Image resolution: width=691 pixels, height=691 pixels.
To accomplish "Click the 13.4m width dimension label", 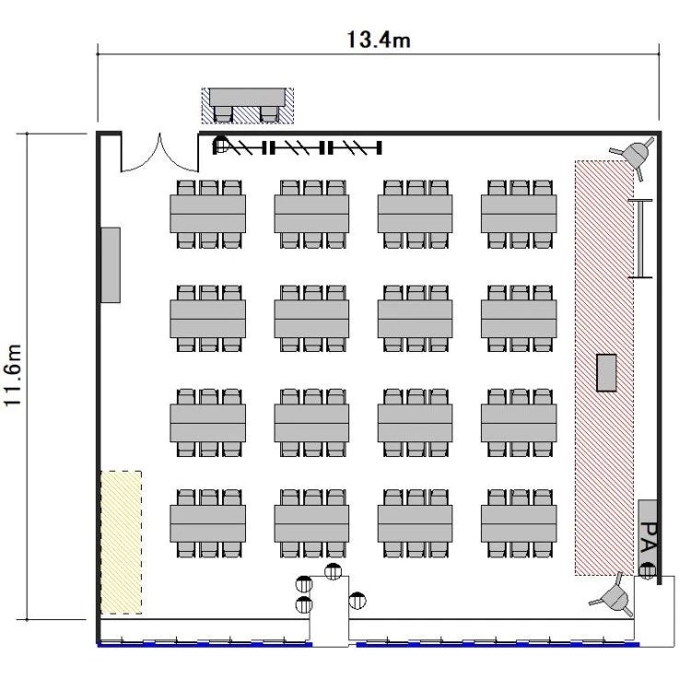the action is click(x=379, y=40).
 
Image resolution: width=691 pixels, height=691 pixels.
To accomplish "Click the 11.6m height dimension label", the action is click(x=12, y=376).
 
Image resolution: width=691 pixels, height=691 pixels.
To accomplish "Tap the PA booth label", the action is click(x=649, y=537).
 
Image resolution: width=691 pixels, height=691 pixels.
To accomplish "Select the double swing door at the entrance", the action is click(x=159, y=155).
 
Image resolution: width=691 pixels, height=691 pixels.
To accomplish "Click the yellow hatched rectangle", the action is click(x=122, y=543).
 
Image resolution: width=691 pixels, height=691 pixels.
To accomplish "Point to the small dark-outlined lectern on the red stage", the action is click(x=606, y=372).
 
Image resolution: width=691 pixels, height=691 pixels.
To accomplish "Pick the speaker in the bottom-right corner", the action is click(x=614, y=596).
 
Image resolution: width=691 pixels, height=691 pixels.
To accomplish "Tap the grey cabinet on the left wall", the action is click(x=111, y=264).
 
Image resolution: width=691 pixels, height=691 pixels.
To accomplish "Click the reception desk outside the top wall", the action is click(x=247, y=105).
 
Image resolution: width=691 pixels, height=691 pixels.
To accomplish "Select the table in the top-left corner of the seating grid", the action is click(x=207, y=214).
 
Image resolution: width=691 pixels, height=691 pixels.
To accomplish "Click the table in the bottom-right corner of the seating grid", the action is click(x=519, y=523).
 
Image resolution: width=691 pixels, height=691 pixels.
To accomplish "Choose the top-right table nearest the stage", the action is click(x=519, y=214).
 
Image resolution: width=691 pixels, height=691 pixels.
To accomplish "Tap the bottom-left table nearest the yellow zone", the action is click(x=207, y=523).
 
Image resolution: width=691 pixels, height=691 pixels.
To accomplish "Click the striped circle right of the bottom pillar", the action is click(x=357, y=600).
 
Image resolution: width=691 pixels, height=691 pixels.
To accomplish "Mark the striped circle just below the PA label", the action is click(x=647, y=570).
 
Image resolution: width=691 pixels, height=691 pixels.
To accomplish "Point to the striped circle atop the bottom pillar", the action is click(x=334, y=571).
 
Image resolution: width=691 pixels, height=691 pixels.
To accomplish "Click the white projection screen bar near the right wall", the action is click(x=640, y=239).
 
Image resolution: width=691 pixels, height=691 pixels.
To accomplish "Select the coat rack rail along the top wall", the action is click(x=298, y=148).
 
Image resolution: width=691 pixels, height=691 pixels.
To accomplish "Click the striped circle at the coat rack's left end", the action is click(x=220, y=144).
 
